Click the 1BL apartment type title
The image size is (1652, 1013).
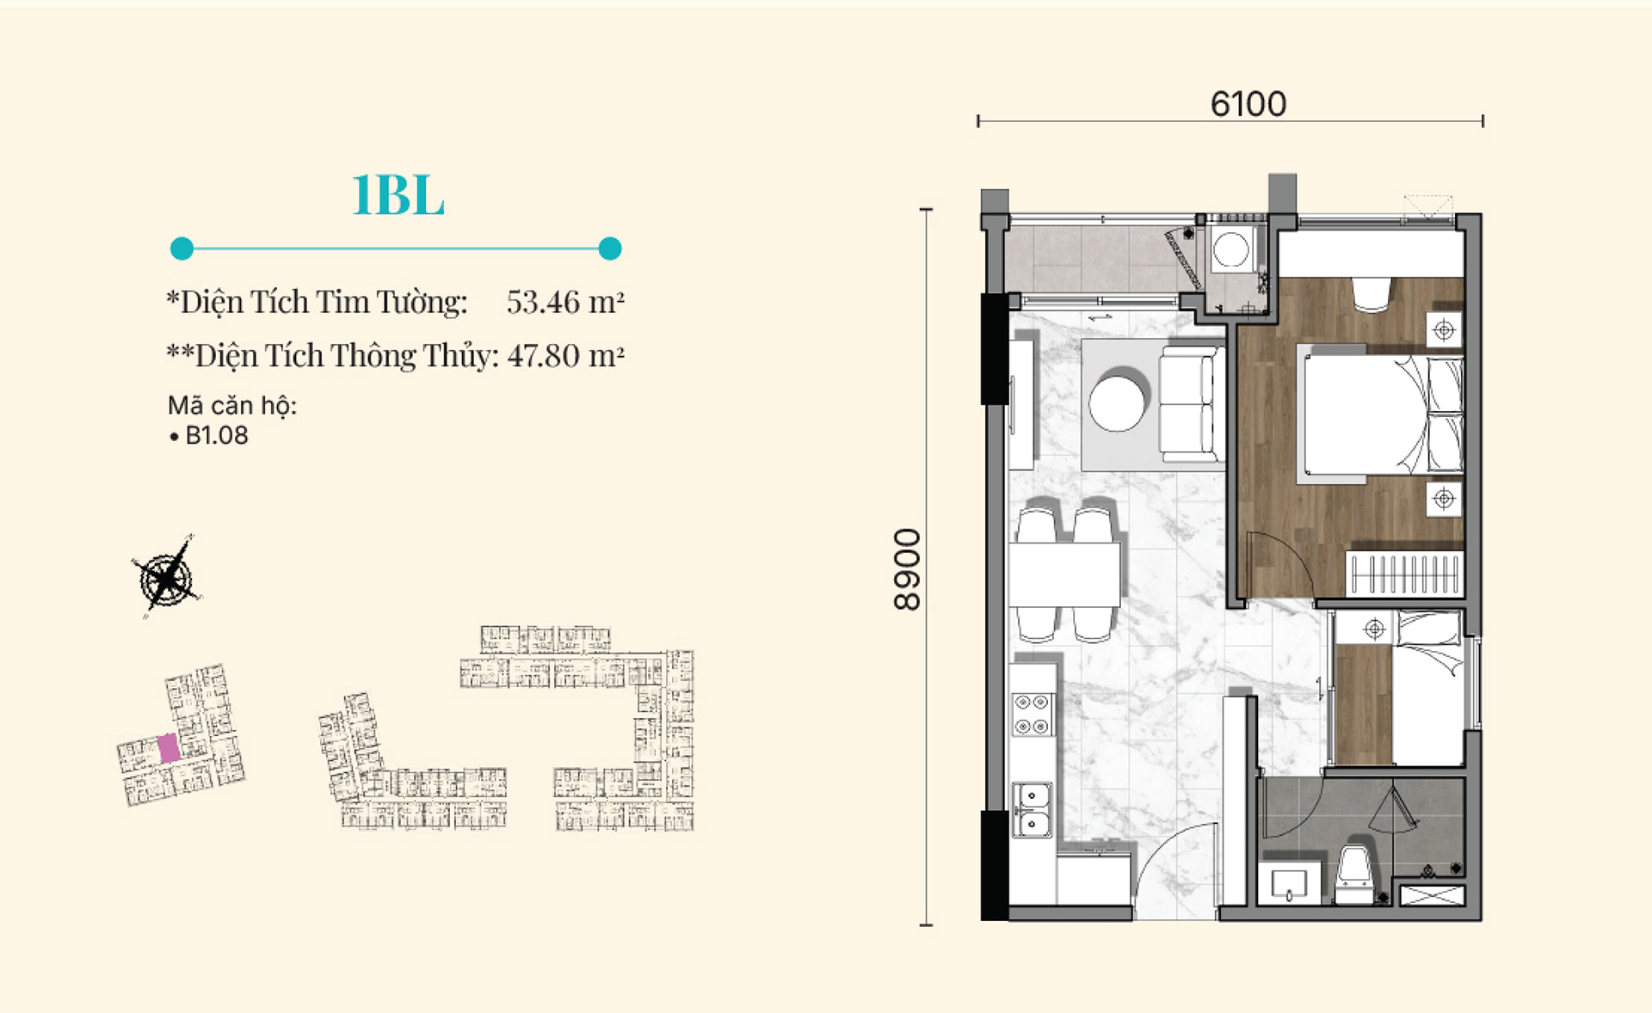click(x=398, y=195)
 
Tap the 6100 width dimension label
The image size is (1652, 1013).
click(x=1248, y=104)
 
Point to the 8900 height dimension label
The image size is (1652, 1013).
click(x=908, y=569)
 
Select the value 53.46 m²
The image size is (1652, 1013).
click(x=564, y=302)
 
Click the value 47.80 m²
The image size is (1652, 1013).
click(x=565, y=355)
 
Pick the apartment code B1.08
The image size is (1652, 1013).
click(x=217, y=435)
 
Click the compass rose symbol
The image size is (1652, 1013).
click(x=167, y=577)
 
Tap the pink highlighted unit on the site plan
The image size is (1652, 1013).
click(x=170, y=748)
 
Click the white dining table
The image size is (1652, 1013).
click(x=1065, y=574)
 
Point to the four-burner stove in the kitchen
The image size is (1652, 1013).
click(x=1032, y=715)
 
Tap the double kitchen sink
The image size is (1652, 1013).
click(x=1032, y=810)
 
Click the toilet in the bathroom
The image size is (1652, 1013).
click(x=1354, y=874)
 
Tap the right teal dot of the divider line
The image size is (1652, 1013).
click(x=610, y=249)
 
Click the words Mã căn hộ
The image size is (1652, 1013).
click(x=232, y=406)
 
